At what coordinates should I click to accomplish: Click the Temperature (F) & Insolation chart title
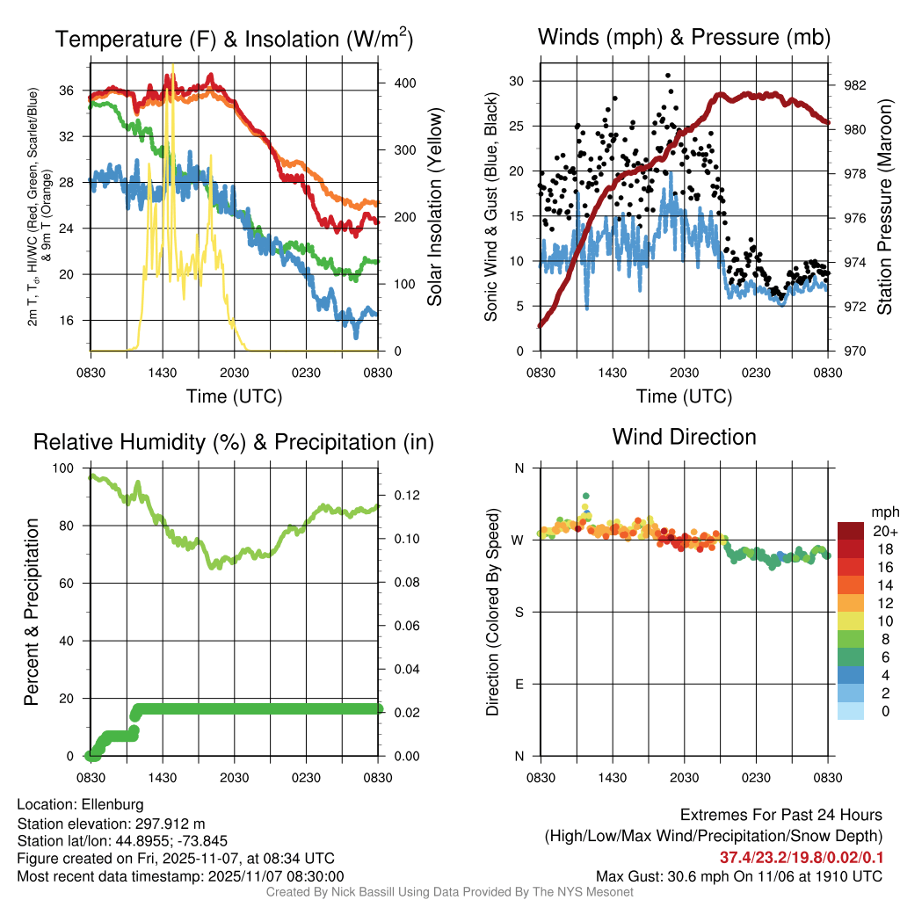[234, 40]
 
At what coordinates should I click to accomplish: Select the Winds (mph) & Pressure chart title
[684, 38]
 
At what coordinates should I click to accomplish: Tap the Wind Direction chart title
[684, 437]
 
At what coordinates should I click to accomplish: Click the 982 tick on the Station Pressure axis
[855, 86]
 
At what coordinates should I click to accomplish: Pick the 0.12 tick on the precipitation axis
[401, 496]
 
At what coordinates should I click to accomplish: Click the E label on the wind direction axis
[519, 684]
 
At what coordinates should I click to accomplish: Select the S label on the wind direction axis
[519, 613]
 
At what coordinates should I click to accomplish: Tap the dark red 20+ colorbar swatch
[850, 531]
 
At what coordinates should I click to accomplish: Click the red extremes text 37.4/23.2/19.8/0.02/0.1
[802, 858]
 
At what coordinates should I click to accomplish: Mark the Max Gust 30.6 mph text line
[738, 876]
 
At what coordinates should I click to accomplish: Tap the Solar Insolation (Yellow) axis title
[435, 207]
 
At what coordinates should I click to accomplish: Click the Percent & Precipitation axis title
[32, 612]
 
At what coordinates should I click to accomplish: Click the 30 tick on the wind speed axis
[516, 81]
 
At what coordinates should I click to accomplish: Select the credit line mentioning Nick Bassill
[449, 892]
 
